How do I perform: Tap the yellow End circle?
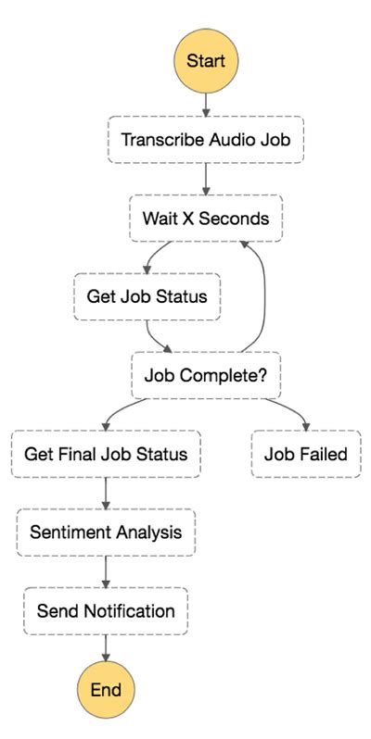[105, 689]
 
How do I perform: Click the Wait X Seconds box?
[206, 219]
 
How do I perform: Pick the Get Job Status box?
[147, 296]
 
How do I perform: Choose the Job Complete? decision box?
[206, 376]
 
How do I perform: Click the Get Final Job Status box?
[106, 454]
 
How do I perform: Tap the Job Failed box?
[306, 454]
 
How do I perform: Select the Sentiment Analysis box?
[106, 532]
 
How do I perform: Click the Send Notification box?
[106, 611]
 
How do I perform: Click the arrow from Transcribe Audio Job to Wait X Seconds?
[206, 180]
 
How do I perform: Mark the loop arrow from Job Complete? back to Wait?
[265, 296]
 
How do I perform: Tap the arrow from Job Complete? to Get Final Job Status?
[121, 412]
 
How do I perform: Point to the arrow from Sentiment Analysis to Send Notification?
[106, 571]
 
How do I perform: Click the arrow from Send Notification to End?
[106, 648]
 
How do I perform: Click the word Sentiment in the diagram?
[66, 532]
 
